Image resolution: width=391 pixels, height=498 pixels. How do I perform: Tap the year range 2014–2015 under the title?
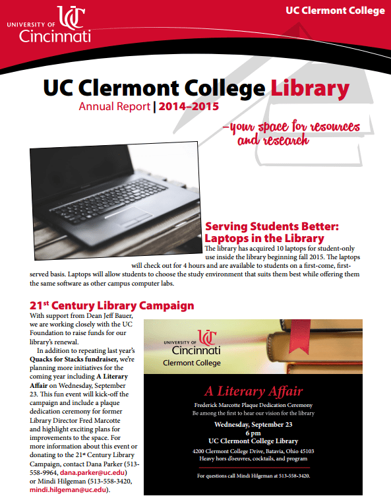(189, 106)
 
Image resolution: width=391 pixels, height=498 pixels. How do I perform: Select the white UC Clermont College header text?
(335, 11)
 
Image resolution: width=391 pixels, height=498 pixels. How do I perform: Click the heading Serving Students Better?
(272, 226)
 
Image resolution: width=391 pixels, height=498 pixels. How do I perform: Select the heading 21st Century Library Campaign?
(112, 306)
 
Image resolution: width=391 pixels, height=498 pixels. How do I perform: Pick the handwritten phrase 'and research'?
(272, 140)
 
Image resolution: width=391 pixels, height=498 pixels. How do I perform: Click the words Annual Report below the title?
(114, 106)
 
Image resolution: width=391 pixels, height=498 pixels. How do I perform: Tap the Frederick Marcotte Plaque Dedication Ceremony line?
(253, 404)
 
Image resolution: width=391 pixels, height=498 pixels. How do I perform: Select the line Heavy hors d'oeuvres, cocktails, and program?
(253, 458)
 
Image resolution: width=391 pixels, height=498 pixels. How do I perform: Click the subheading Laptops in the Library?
(264, 238)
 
